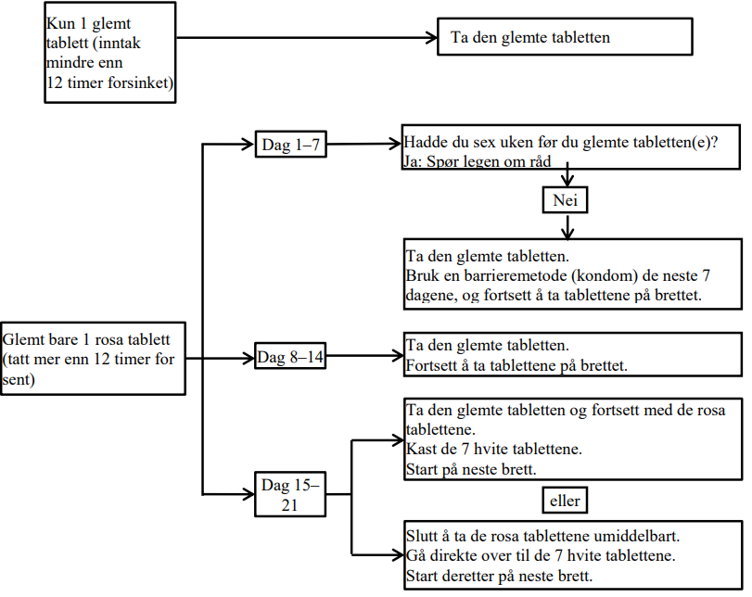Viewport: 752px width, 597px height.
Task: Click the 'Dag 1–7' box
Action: coord(289,145)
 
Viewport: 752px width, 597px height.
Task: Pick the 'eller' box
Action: coord(564,501)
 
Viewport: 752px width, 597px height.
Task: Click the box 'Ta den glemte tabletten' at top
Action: coord(565,38)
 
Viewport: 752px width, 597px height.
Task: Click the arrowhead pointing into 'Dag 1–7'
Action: coord(249,145)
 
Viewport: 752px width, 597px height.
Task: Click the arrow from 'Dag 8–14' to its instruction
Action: coord(364,356)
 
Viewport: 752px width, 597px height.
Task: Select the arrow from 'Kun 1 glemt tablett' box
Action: coord(306,38)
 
